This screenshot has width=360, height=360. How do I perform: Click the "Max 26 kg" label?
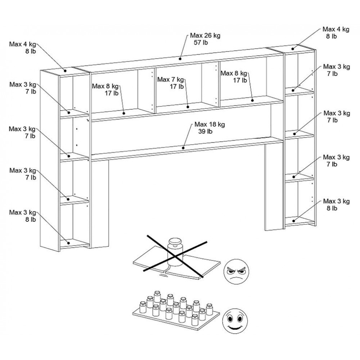pyautogui.click(x=205, y=36)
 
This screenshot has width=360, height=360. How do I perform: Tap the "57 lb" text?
pyautogui.click(x=201, y=42)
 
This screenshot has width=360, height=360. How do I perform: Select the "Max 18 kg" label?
pyautogui.click(x=210, y=124)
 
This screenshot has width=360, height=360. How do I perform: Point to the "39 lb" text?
pyautogui.click(x=206, y=131)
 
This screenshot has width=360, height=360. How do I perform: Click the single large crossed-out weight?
pyautogui.click(x=175, y=254)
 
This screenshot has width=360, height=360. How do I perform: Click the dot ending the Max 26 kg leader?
pyautogui.click(x=180, y=58)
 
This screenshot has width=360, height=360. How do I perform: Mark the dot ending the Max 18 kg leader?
pyautogui.click(x=183, y=147)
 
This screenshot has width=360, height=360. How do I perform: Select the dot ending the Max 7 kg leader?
pyautogui.click(x=188, y=107)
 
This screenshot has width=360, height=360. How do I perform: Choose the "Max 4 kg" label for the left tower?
pyautogui.click(x=23, y=44)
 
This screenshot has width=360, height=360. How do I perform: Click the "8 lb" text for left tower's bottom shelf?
pyautogui.click(x=30, y=219)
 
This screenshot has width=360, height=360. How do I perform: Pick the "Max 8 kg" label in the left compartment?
pyautogui.click(x=105, y=86)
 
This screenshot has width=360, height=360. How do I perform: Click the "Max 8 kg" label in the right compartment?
pyautogui.click(x=234, y=73)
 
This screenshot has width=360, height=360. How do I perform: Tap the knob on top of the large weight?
pyautogui.click(x=176, y=241)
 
